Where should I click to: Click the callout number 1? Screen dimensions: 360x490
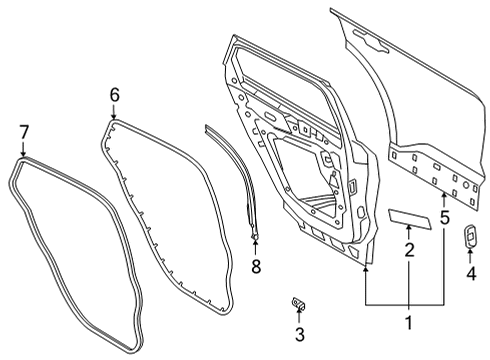pos(407,322)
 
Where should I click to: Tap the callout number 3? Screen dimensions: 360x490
pos(299,334)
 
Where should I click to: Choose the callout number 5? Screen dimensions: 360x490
pos(445,214)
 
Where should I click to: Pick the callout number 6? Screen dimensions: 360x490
pos(114,95)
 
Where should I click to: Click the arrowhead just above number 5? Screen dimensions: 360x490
pos(445,190)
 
